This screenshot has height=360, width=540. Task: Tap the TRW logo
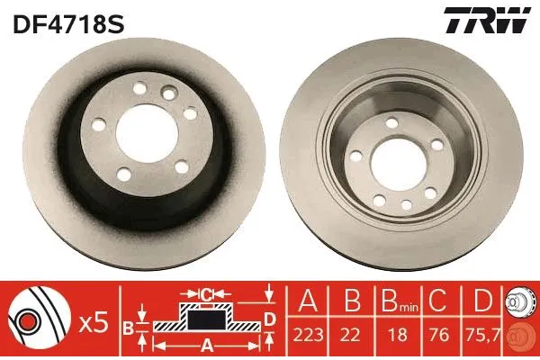tap(485, 22)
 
